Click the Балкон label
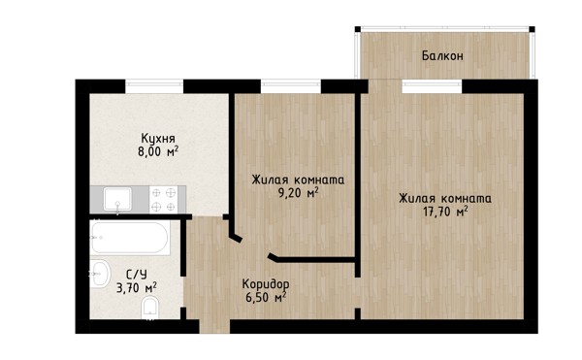pos(442,56)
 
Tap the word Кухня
pos(158,139)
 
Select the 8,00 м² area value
pos(158,151)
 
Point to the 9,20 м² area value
pos(298,193)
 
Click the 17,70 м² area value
pos(445,212)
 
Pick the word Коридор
pos(266,284)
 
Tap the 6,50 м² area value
pos(266,297)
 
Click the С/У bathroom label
pos(137,275)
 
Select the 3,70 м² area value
pos(137,287)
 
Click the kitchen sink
pos(117,199)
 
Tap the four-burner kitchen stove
pos(163,199)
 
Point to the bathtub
pos(130,238)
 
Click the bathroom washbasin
pos(100,274)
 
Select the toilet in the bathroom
pos(150,309)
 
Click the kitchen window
pos(154,86)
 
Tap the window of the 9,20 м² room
pos(291,86)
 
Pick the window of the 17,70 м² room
pos(432,86)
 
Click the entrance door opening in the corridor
pos(214,326)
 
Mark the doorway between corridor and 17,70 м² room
pos(358,293)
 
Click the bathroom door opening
pos(183,292)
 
